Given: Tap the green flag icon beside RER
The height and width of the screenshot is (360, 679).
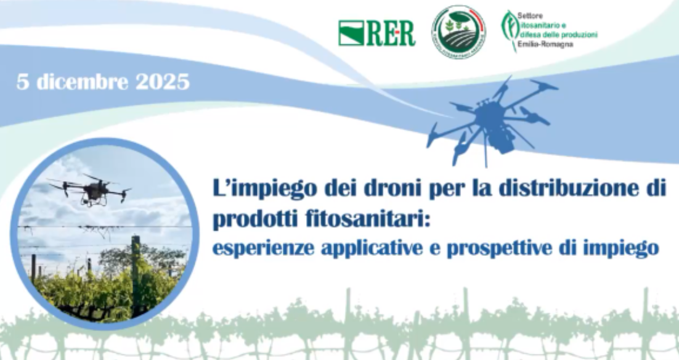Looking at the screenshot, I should click(350, 33).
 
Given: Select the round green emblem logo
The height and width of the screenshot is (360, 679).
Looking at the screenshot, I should click(458, 32).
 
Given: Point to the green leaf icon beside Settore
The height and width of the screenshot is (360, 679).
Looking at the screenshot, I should click(508, 30).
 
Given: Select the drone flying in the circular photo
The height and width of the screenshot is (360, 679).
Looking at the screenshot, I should click(91, 189).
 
